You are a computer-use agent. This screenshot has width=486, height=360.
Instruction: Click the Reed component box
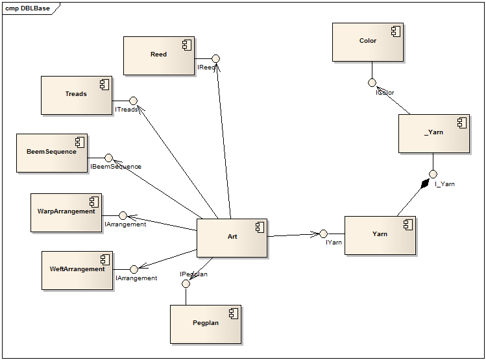pyautogui.click(x=158, y=55)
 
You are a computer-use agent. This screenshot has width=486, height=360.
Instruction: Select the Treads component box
pyautogui.click(x=76, y=95)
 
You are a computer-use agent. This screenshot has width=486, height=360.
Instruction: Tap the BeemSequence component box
pyautogui.click(x=51, y=152)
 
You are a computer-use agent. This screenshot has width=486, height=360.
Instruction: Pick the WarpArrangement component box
pyautogui.click(x=66, y=211)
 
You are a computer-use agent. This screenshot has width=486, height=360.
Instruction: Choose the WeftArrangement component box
pyautogui.click(x=77, y=269)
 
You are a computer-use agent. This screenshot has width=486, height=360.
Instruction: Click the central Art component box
pyautogui.click(x=232, y=237)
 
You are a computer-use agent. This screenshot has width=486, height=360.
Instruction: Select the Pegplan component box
pyautogui.click(x=205, y=323)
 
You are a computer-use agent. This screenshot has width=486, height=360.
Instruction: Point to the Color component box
pyautogui.click(x=367, y=42)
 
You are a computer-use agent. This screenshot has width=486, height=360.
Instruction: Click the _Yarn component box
pyautogui.click(x=433, y=133)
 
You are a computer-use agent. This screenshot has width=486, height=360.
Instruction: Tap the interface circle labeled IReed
pyautogui.click(x=216, y=58)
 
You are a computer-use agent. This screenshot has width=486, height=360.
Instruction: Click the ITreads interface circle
pyautogui.click(x=133, y=101)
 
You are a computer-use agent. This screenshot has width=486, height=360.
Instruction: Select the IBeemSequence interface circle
pyautogui.click(x=109, y=158)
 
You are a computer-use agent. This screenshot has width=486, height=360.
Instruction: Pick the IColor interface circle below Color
pyautogui.click(x=372, y=82)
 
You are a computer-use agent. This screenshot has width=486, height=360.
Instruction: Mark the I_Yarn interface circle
pyautogui.click(x=433, y=174)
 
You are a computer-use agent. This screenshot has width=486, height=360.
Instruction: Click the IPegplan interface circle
pyautogui.click(x=186, y=283)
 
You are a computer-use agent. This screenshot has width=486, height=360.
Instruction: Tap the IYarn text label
pyautogui.click(x=334, y=243)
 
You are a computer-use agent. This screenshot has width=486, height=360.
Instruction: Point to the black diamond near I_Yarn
pyautogui.click(x=424, y=184)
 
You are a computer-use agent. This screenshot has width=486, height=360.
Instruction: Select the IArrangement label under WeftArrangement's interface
pyautogui.click(x=136, y=278)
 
